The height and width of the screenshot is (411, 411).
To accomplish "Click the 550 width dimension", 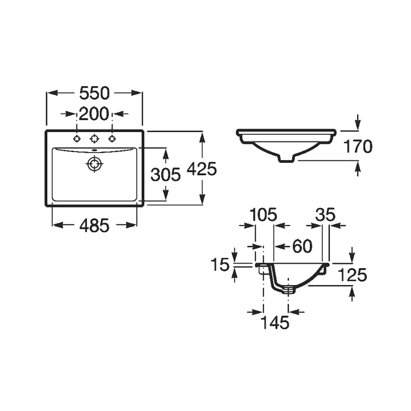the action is point(94,93).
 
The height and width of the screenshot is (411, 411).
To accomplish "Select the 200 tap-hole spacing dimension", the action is point(94,114).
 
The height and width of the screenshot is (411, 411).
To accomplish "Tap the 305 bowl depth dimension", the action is point(165,175).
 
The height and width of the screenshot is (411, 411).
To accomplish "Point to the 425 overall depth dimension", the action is point(201,169).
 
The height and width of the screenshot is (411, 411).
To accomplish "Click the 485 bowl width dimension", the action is point(95,226).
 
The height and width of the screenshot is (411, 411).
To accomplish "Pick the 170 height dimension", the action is point(358,146).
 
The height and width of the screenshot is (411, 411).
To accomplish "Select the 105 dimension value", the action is point(263,214).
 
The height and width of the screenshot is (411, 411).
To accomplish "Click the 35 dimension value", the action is point(325,214).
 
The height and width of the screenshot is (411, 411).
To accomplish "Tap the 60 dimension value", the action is point(302,246).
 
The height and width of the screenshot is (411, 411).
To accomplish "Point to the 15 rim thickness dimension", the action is point(220,265).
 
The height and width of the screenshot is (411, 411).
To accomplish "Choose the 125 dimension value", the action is point(352,275).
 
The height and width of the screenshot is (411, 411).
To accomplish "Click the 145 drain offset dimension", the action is point(275,322).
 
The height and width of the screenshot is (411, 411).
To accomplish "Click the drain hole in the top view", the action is point(94,164).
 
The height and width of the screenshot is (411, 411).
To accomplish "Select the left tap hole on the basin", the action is point(77,138).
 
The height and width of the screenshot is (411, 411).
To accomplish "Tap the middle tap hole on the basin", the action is point(94,138).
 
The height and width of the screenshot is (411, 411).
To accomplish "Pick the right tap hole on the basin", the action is point(112,138).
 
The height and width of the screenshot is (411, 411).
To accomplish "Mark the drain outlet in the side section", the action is point(288,290).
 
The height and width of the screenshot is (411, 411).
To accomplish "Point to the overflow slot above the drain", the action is point(94,150).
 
